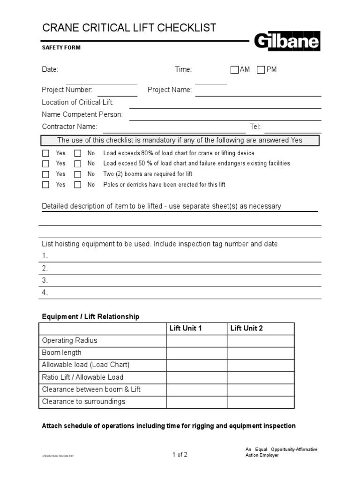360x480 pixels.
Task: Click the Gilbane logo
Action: [287, 42]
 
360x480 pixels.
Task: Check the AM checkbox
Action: [234, 70]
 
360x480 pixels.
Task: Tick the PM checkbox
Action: [261, 70]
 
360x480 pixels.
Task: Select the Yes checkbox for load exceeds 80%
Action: [45, 153]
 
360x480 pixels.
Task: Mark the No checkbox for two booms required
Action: [77, 174]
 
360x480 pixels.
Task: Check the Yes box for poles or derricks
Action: [45, 185]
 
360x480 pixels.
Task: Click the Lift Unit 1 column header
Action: [185, 328]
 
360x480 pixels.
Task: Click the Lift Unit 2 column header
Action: [247, 328]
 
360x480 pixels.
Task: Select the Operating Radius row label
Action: [69, 340]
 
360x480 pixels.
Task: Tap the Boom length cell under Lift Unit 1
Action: [196, 352]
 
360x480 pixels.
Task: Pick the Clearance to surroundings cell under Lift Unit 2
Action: [261, 402]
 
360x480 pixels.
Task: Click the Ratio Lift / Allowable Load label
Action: [82, 377]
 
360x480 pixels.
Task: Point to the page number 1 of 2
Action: [180, 454]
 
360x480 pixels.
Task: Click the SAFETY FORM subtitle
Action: [61, 47]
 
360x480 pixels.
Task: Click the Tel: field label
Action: [255, 127]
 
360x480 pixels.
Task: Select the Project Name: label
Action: [170, 90]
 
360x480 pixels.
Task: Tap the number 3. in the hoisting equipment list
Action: [45, 280]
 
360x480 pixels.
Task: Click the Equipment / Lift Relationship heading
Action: [90, 316]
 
